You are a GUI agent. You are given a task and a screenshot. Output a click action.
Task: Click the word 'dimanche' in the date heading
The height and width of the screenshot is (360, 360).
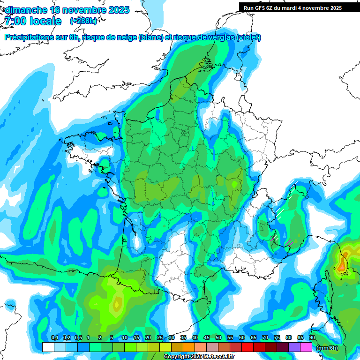25,10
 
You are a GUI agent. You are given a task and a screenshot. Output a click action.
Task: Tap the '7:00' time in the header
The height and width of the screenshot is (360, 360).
14,21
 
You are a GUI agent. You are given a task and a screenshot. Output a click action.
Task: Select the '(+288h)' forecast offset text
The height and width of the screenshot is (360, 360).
83,21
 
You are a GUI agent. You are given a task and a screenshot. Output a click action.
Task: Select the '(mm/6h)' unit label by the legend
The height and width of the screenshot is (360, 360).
327,348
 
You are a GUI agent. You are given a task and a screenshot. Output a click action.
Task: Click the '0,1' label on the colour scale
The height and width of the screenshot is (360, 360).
54,337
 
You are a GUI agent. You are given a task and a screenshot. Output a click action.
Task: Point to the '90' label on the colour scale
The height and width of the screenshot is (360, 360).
312,337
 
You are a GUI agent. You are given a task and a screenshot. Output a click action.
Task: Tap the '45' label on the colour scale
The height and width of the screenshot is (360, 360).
207,337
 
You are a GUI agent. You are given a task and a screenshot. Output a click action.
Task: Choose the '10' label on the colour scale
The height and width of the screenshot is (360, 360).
125,337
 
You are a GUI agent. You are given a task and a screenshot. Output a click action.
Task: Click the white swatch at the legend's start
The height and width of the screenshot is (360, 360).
48,347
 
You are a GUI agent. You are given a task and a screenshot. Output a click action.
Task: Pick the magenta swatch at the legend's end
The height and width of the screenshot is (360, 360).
306,347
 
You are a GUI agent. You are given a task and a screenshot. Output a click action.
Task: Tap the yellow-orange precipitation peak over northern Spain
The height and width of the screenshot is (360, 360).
116,305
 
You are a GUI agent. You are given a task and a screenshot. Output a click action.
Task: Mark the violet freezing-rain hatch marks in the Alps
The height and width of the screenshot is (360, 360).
289,242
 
